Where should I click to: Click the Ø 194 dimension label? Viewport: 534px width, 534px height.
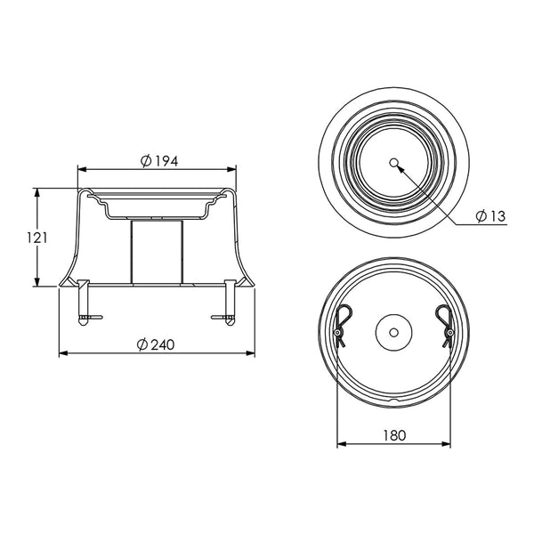tap(159, 161)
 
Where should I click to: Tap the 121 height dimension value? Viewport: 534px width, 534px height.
tap(37, 238)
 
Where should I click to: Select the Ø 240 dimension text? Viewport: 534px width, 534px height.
tap(156, 344)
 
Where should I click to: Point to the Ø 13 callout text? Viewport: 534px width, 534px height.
tap(490, 216)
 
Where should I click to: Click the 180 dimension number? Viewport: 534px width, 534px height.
tap(394, 435)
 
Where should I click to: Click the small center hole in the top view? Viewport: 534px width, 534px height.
tap(394, 163)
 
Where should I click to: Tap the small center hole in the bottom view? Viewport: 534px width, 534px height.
tap(394, 332)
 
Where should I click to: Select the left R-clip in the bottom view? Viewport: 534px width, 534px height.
tap(342, 325)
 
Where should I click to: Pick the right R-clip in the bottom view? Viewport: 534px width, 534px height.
tap(446, 325)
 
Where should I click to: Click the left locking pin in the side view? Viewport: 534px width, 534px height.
tap(85, 303)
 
